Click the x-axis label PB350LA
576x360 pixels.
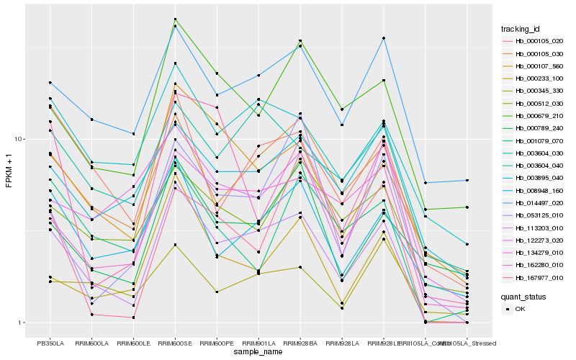point(50,343)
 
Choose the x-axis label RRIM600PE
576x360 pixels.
point(217,343)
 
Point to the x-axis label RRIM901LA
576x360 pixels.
point(258,343)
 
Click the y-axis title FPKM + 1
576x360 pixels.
point(9,171)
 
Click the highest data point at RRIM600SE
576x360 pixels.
point(175,19)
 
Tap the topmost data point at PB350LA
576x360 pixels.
point(50,83)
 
